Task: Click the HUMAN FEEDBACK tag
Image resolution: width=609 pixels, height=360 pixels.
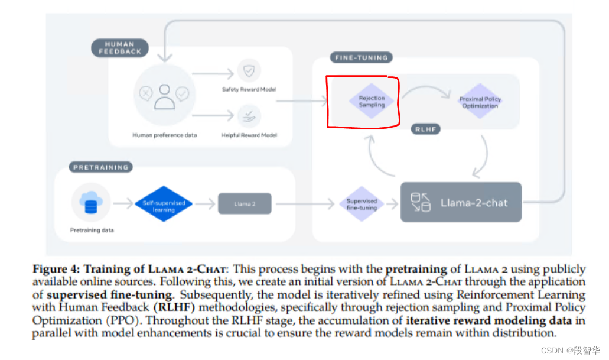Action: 120,48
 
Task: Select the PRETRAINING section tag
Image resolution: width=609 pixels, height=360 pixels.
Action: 100,167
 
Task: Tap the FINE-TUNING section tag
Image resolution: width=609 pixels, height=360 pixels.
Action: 361,58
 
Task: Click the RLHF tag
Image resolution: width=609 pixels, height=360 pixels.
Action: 425,129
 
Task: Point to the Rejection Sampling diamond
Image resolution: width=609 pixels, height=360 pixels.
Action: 372,102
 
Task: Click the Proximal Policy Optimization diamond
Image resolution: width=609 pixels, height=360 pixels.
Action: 480,102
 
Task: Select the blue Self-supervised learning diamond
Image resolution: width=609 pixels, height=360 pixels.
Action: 164,204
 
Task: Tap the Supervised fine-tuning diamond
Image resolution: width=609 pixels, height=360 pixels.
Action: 362,205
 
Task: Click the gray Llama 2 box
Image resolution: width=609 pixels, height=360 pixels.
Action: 245,204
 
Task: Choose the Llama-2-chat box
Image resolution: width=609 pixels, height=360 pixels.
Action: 461,203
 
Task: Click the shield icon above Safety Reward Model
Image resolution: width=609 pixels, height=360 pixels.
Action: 249,70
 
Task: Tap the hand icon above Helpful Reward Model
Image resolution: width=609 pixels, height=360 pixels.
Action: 249,115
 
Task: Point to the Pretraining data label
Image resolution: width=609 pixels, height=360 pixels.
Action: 92,230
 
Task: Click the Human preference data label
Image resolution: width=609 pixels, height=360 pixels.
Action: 164,135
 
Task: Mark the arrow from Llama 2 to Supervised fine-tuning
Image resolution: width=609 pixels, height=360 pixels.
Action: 304,205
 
